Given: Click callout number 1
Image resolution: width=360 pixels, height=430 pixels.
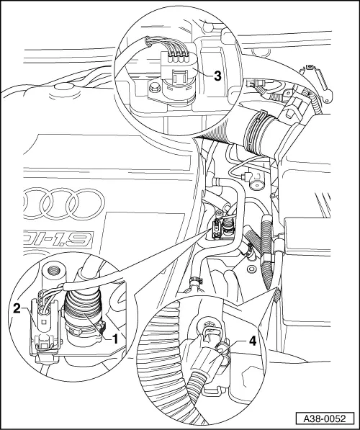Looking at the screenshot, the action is click(x=115, y=339).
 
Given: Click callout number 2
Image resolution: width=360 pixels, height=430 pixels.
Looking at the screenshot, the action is click(x=17, y=309).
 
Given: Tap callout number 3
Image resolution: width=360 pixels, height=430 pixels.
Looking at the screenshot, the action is click(x=217, y=76).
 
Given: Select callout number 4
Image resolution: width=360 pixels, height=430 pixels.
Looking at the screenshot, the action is click(x=253, y=341).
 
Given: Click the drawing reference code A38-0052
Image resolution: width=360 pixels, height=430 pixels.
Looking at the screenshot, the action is click(x=325, y=419).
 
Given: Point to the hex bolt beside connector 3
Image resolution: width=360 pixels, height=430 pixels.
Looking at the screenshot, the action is click(x=153, y=87).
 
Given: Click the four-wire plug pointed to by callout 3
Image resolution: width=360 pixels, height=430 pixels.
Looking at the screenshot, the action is click(x=177, y=72).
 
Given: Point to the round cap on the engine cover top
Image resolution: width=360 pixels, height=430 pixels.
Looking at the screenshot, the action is click(x=63, y=87).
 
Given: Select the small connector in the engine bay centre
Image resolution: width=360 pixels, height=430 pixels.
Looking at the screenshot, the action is click(x=217, y=229).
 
